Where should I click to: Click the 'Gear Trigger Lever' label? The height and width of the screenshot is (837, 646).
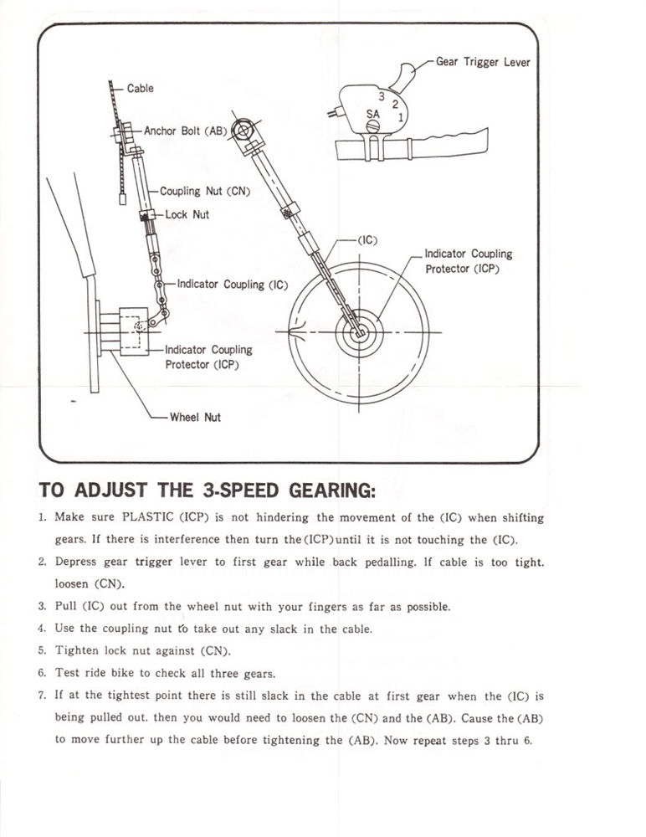click(x=483, y=62)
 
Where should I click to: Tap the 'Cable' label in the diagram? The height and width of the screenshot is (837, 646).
click(x=141, y=88)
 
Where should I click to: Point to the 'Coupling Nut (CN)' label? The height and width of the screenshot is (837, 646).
click(x=205, y=191)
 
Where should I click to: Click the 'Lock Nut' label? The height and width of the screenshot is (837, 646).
click(x=187, y=215)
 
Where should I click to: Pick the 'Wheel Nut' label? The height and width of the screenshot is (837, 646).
click(x=195, y=417)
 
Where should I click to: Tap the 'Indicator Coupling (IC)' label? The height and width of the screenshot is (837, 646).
click(x=233, y=285)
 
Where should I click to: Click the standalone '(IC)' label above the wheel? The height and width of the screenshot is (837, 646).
click(x=367, y=240)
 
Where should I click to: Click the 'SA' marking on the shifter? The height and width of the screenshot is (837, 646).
click(x=374, y=112)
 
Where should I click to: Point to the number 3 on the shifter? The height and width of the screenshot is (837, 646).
click(x=381, y=95)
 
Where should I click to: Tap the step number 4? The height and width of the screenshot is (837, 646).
click(x=42, y=629)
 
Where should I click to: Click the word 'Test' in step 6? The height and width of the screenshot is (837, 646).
click(x=68, y=673)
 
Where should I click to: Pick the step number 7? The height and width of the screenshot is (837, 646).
click(x=42, y=696)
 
